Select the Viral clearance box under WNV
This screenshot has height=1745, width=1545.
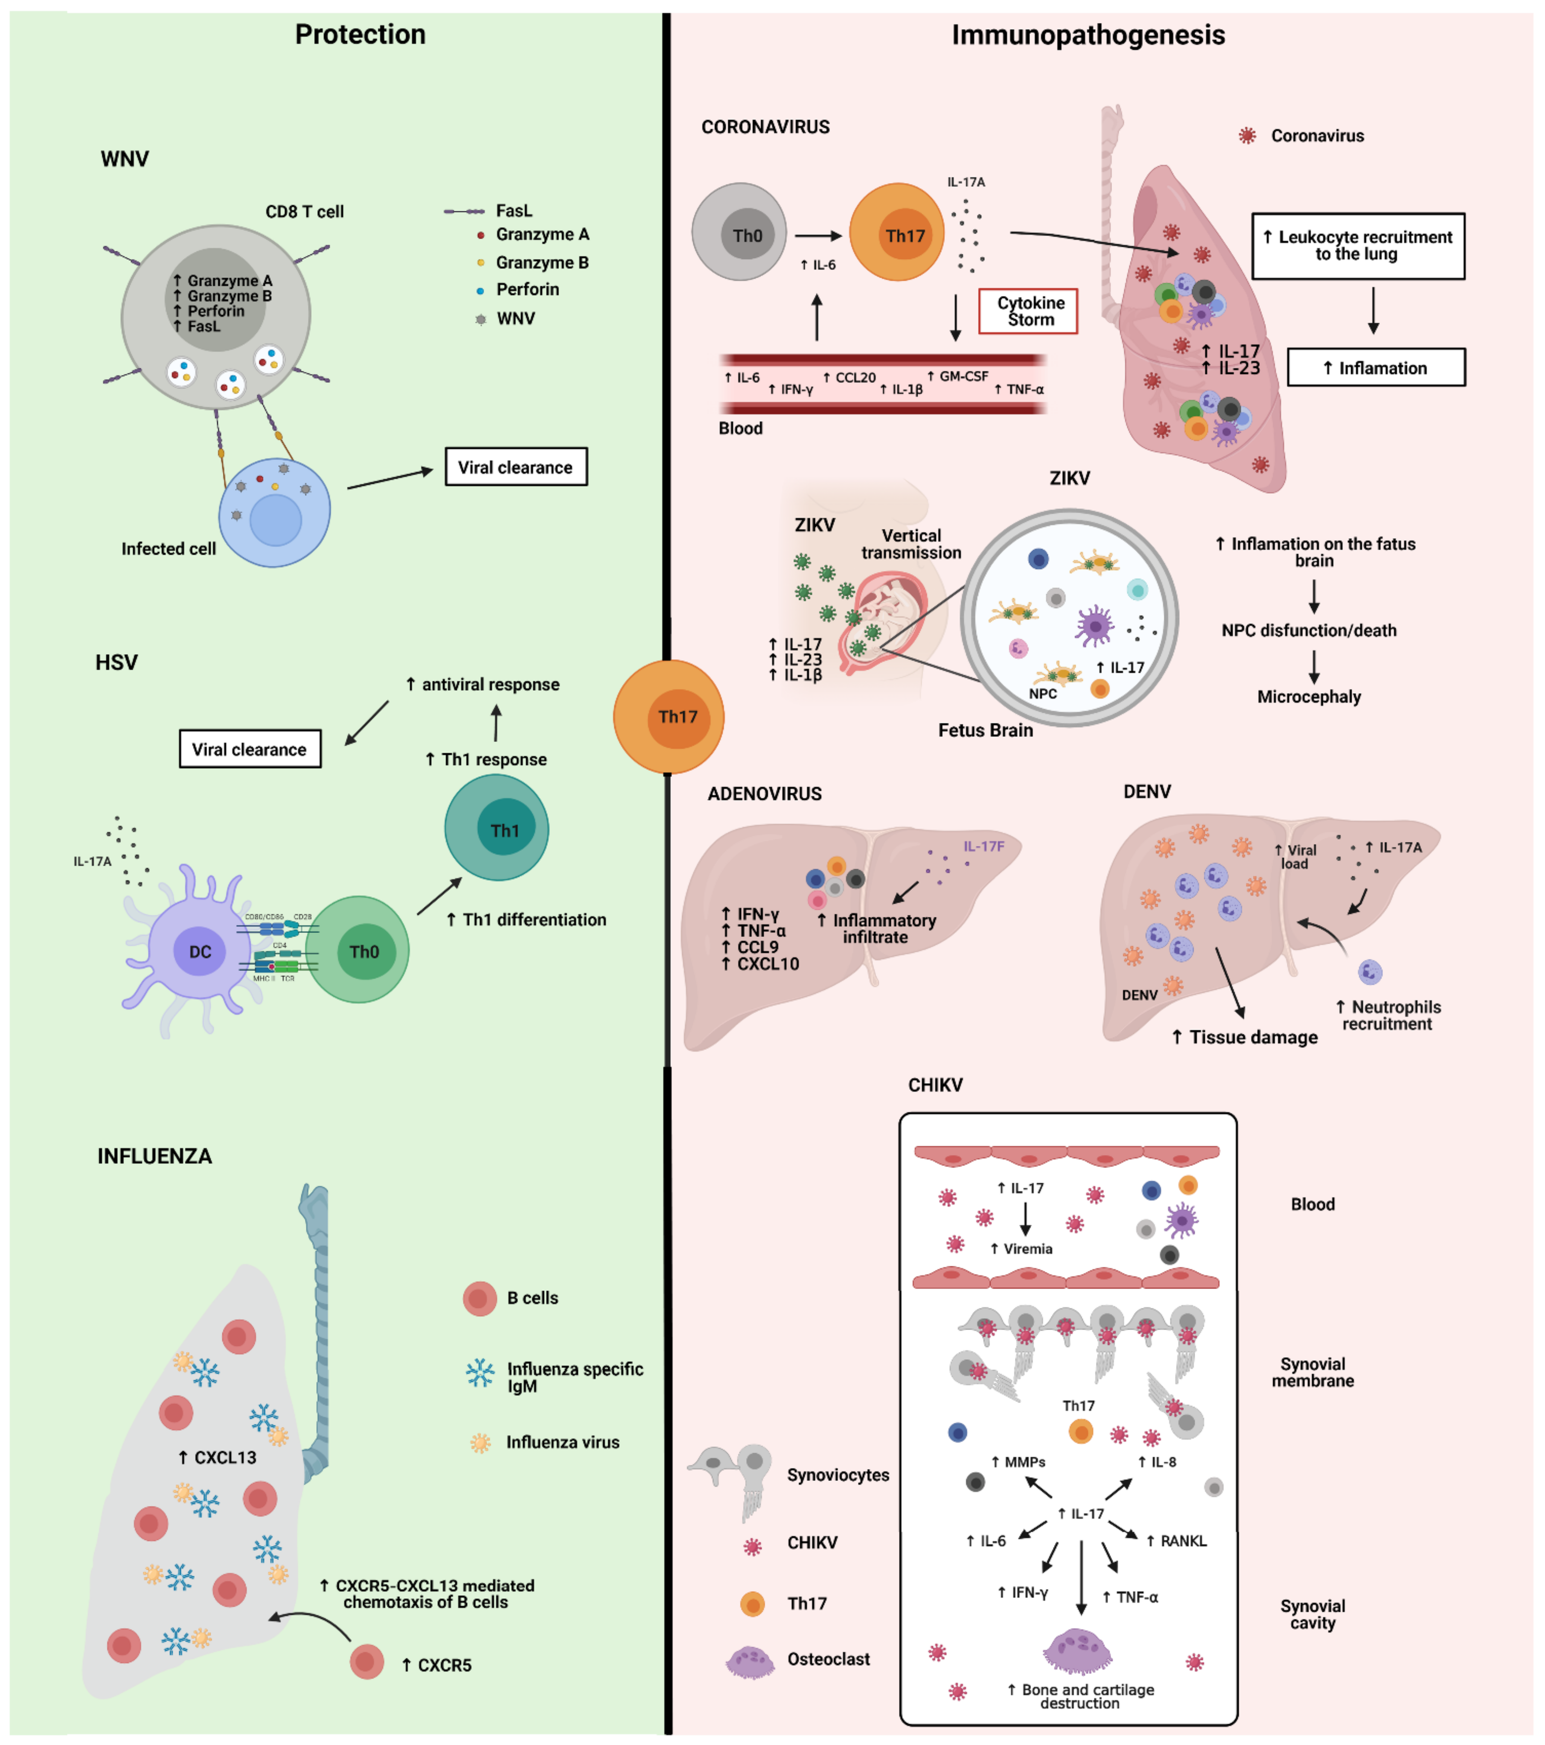[x=516, y=467]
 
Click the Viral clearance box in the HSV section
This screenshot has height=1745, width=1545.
[x=249, y=749]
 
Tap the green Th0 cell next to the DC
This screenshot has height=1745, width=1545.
[x=358, y=950]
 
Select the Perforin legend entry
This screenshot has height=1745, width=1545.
[x=527, y=290]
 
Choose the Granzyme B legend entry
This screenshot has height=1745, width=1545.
[x=541, y=262]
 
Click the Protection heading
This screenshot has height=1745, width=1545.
[x=360, y=34]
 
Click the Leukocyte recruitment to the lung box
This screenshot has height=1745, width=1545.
[x=1357, y=246]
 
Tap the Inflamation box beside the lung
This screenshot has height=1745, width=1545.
[x=1375, y=368]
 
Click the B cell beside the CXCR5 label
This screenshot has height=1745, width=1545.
[x=366, y=1661]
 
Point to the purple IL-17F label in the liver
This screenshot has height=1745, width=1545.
[x=983, y=846]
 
